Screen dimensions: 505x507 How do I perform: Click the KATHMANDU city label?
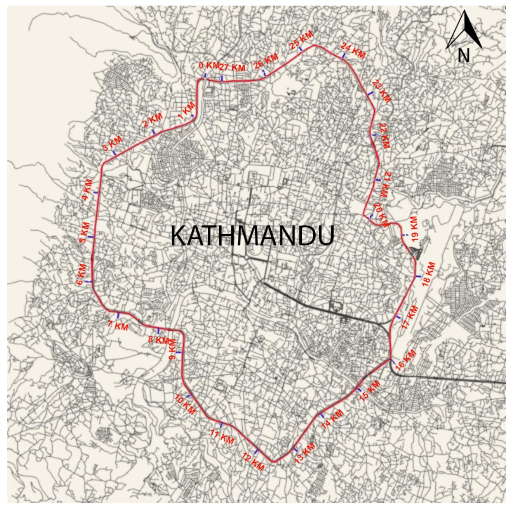tap(253, 235)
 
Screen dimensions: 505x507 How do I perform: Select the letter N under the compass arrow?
tap(464, 55)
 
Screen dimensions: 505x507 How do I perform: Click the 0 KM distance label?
tap(209, 66)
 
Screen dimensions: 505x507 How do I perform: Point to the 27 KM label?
tap(232, 68)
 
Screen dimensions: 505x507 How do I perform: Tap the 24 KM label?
tap(353, 50)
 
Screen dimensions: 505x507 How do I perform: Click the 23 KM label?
tap(382, 91)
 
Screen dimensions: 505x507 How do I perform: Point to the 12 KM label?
tap(253, 462)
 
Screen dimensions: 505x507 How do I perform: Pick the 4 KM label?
tap(88, 189)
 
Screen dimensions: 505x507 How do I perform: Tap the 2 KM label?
tap(152, 120)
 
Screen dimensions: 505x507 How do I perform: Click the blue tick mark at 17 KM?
tap(398, 318)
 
